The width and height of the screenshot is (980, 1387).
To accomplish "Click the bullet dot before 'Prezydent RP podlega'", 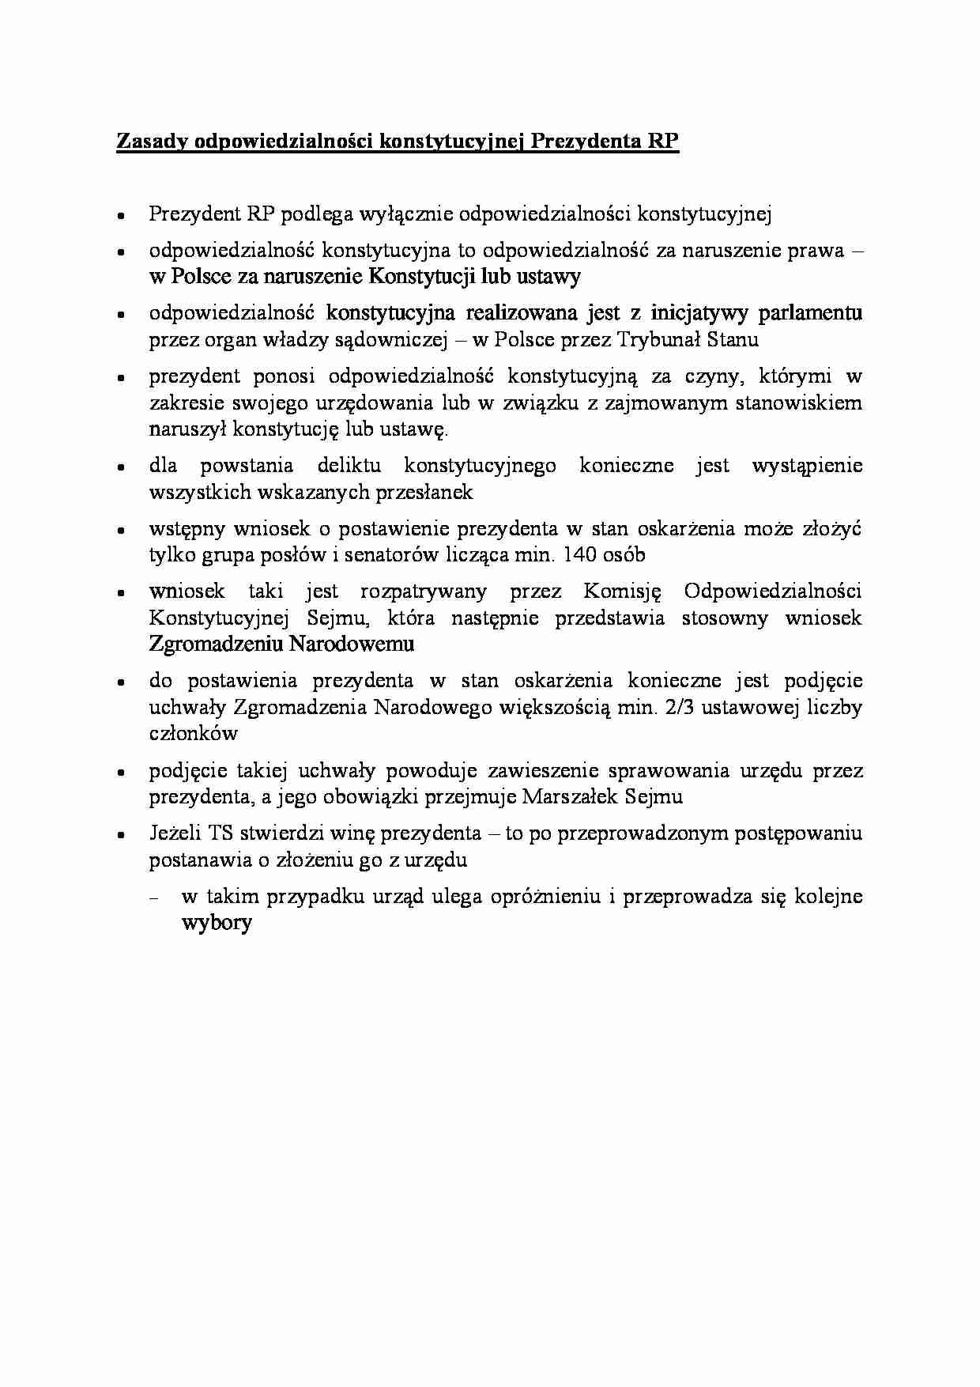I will [x=121, y=215].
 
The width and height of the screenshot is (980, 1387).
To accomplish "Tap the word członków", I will [x=194, y=733].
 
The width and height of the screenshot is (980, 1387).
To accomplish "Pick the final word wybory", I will [x=217, y=923].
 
